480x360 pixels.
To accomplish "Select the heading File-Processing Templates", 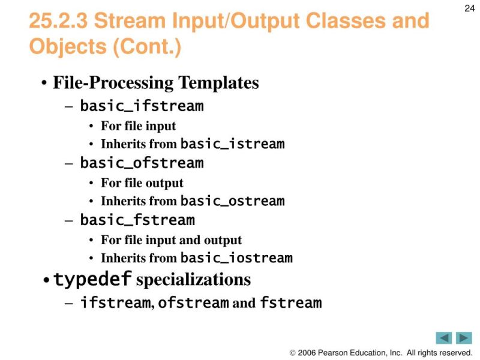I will pyautogui.click(x=156, y=82).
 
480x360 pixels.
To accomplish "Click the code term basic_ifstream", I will pyautogui.click(x=142, y=107).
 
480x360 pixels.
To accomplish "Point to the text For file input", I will pyautogui.click(x=138, y=126).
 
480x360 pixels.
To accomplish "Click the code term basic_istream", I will pyautogui.click(x=232, y=144).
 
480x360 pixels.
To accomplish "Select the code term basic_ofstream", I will pyautogui.click(x=142, y=163).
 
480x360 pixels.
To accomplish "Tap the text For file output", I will pyautogui.click(x=142, y=183).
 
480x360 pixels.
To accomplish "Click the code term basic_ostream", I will pyautogui.click(x=232, y=201).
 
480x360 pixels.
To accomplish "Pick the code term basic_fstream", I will pyautogui.click(x=137, y=220).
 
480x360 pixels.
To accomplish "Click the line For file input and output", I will pyautogui.click(x=171, y=240).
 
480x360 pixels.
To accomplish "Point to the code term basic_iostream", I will pyautogui.click(x=236, y=259).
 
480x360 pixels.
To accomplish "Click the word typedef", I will pyautogui.click(x=92, y=280).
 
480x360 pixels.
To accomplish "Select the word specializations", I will pyautogui.click(x=194, y=280).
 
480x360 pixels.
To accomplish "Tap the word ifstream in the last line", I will pyautogui.click(x=115, y=303).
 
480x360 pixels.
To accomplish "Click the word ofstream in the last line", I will pyautogui.click(x=193, y=303).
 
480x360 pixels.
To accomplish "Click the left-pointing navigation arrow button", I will pyautogui.click(x=444, y=338).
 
